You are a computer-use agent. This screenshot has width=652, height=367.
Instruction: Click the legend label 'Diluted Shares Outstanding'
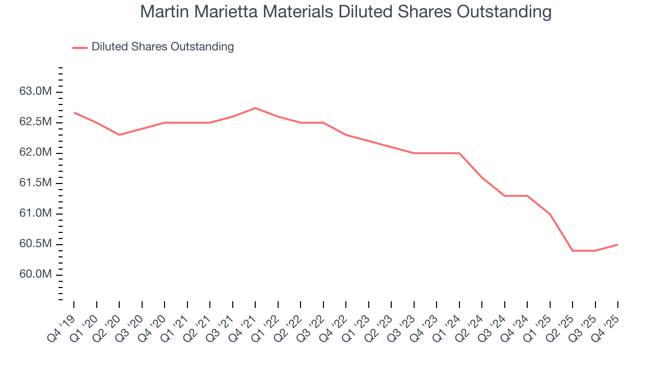pos(162,47)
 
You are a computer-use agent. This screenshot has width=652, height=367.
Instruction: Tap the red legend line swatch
pos(80,47)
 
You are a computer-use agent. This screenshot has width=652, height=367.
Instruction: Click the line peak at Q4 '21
pos(255,108)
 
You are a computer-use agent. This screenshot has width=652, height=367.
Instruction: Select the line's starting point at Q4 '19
pos(74,113)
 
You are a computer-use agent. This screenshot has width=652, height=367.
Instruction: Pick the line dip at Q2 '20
pos(119,135)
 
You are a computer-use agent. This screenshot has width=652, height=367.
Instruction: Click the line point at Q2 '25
pos(573,251)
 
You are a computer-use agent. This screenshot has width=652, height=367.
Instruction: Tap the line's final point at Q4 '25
pos(618,245)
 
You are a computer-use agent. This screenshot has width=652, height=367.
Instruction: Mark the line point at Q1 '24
pos(459,153)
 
